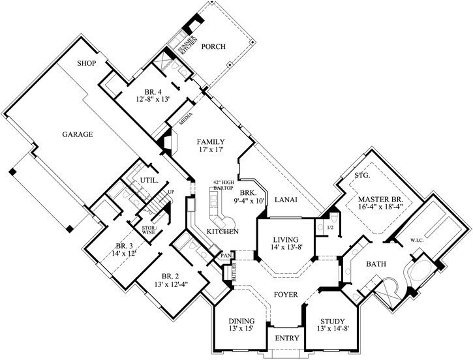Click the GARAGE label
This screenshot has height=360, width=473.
[77, 134]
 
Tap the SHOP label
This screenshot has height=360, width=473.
[87, 63]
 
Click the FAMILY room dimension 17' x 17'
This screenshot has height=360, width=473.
[212, 149]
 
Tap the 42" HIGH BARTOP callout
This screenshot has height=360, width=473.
[222, 185]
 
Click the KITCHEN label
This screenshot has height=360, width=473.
[222, 232]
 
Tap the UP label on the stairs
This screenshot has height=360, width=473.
[171, 192]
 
